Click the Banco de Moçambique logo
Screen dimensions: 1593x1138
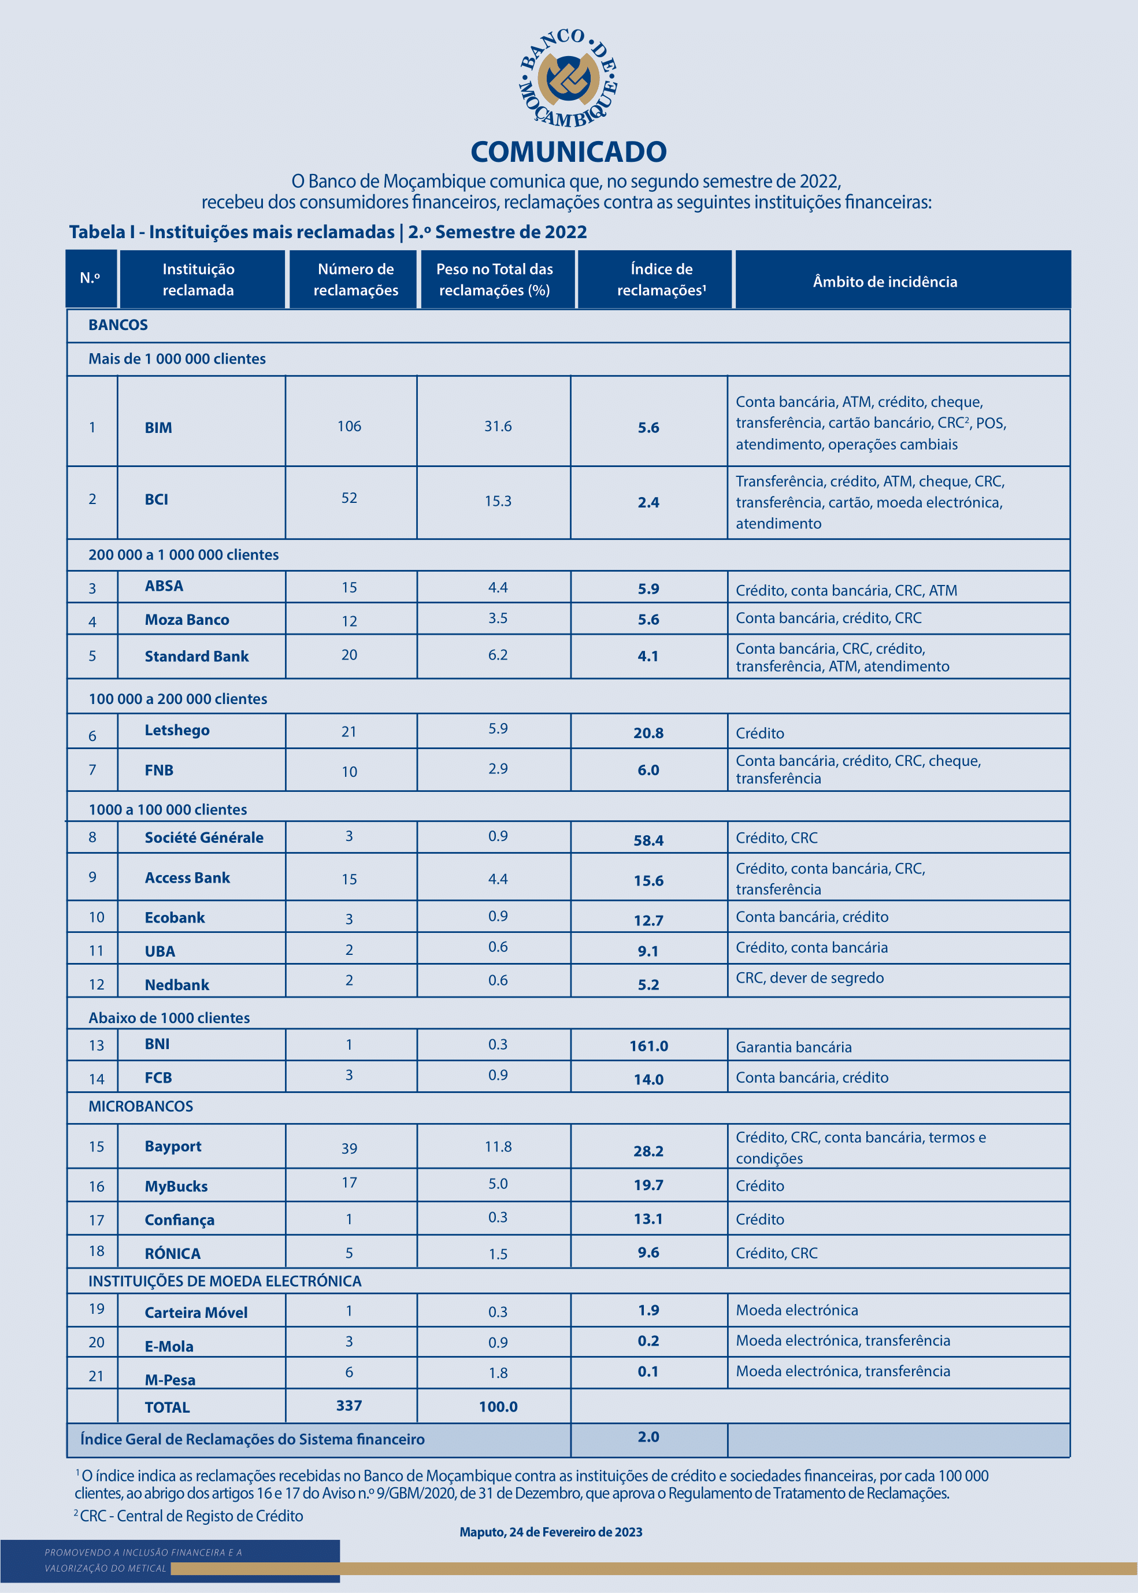point(568,79)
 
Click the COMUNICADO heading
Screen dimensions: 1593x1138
point(568,151)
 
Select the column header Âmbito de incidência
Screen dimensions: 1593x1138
point(884,281)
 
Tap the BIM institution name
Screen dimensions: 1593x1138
point(158,428)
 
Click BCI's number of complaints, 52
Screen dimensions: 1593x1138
point(349,498)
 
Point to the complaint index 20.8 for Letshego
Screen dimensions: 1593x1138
point(648,733)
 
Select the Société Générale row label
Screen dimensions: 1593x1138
point(204,838)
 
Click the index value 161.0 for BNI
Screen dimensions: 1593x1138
point(648,1046)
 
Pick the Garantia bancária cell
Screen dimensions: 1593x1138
point(793,1047)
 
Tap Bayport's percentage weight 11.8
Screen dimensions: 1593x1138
point(498,1147)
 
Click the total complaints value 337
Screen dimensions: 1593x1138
point(349,1405)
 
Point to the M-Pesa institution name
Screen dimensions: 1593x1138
point(170,1379)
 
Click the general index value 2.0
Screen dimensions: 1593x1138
point(648,1437)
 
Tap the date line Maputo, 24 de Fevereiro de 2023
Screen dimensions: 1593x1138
point(551,1532)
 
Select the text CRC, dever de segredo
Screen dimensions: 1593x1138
point(809,977)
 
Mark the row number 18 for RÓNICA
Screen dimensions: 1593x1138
point(97,1251)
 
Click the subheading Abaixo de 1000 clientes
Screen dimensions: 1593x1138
point(169,1018)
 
